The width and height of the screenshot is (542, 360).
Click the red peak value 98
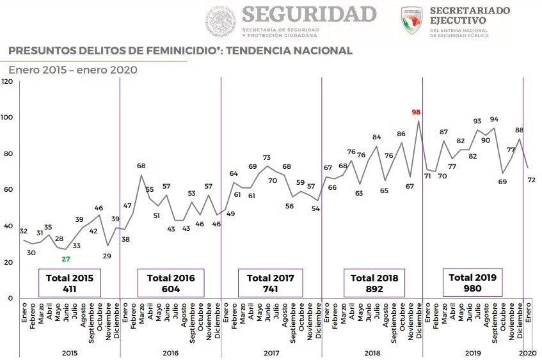417,113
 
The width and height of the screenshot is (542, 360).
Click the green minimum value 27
66,259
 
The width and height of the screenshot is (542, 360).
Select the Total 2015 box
70,283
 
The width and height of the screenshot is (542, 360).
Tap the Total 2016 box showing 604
171,283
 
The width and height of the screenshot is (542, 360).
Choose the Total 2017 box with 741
271,283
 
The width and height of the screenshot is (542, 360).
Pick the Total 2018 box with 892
374,283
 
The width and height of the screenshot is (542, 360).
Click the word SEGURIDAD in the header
310,14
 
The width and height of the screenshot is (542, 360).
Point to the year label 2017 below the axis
271,353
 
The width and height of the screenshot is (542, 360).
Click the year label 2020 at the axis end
527,353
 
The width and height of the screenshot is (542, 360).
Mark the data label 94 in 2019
494,119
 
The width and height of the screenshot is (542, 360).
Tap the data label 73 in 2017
267,157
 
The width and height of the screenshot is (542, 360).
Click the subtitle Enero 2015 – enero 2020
73,70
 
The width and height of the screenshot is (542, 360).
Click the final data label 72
530,181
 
